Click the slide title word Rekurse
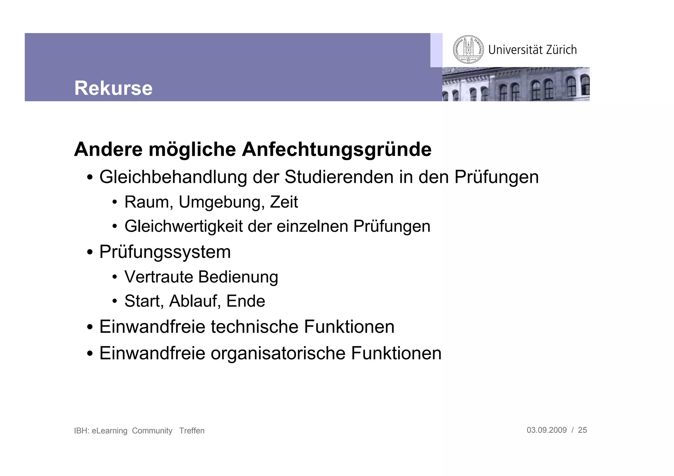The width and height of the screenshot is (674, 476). coord(113,88)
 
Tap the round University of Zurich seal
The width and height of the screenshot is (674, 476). coord(468,50)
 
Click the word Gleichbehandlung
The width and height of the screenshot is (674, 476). coord(173,177)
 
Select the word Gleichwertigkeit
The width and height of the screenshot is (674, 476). coord(183,227)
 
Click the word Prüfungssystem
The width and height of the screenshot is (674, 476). coord(165,252)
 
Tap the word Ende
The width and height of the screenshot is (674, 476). coord(246,301)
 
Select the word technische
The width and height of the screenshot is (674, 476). coord(254,327)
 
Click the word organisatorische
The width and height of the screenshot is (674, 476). coord(278,353)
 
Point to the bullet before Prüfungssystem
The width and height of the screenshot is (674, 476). coord(90,253)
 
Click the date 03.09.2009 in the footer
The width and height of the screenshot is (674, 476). coord(546,430)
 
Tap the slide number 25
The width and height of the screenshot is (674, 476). coord(582,430)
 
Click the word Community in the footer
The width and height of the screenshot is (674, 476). coord(152,431)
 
